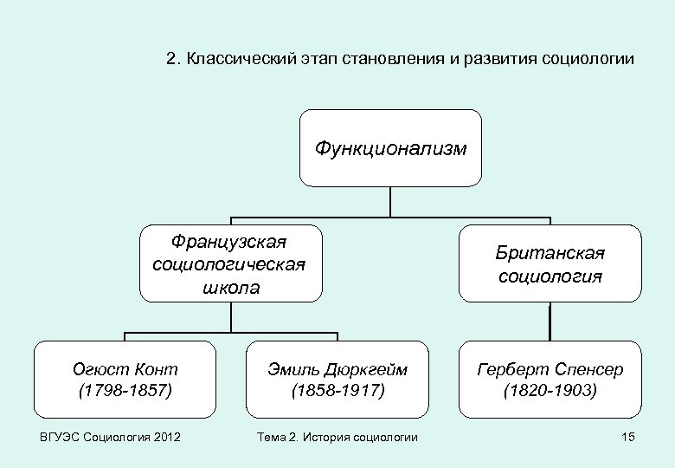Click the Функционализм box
click(390, 148)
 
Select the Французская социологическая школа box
click(230, 263)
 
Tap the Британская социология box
click(550, 263)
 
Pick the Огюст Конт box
click(125, 379)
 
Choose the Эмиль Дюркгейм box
click(337, 379)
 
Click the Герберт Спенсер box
click(550, 379)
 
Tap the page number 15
click(628, 437)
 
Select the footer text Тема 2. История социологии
click(337, 437)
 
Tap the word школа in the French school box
click(230, 287)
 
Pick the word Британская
click(550, 252)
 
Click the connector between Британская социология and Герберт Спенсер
click(550, 321)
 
